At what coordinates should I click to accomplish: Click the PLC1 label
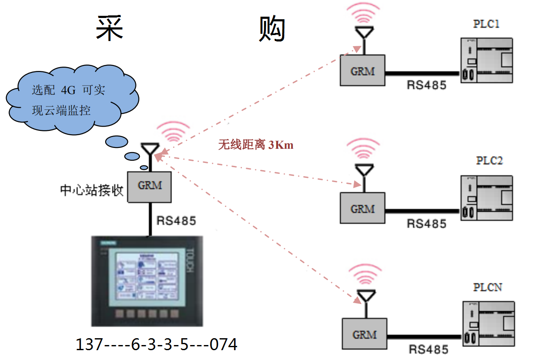coord(486,24)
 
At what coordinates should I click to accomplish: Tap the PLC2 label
coord(489,161)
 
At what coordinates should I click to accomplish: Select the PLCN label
coord(487,287)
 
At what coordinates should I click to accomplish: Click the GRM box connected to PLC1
coord(362,71)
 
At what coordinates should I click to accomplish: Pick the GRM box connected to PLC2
coord(362,208)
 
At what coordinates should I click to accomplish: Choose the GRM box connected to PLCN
coord(364,334)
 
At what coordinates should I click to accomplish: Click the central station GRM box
coord(150,186)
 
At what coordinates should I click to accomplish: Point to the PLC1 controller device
coord(486,60)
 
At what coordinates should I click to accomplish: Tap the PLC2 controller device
coord(486,198)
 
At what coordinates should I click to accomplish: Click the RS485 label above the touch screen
coord(176,221)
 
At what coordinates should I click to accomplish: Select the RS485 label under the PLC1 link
coord(426,85)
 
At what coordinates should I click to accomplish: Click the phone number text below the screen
coord(156,344)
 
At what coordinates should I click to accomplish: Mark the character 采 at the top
coord(109,29)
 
